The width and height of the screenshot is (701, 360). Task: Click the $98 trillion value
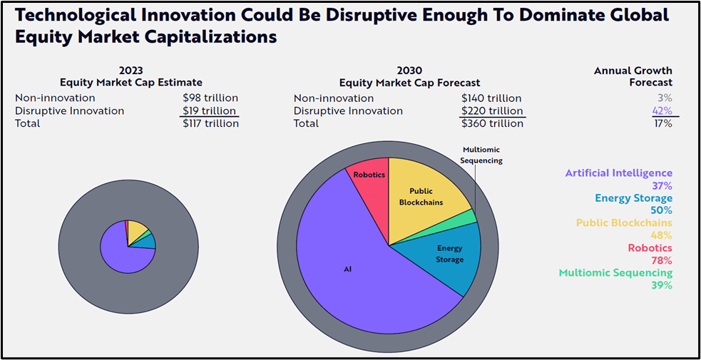210,98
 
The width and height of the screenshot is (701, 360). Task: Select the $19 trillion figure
210,111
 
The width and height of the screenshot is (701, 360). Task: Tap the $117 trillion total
210,124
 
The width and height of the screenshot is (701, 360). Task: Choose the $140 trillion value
491,98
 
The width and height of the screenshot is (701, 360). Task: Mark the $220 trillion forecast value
491,111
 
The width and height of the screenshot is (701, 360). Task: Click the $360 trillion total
491,124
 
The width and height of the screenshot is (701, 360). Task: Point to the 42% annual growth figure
662,111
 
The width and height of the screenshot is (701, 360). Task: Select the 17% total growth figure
662,124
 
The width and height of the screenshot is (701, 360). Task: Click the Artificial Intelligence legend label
618,173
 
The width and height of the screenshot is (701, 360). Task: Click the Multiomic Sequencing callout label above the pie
482,155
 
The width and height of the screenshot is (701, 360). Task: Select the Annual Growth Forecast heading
633,76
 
